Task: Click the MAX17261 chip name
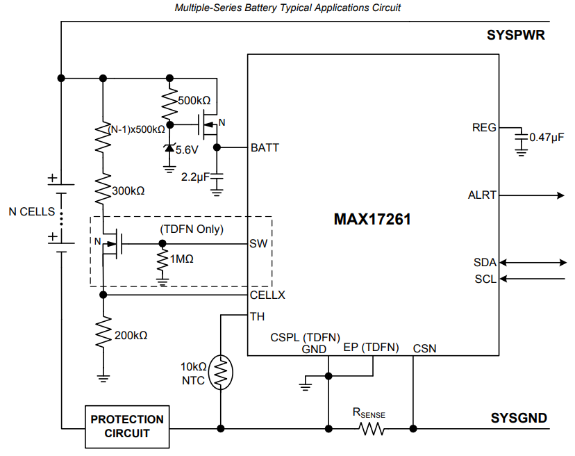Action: (372, 219)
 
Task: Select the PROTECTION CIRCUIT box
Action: (127, 426)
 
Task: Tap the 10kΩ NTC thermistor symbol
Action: (222, 373)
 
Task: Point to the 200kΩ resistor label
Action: (131, 335)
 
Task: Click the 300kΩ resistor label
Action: (128, 190)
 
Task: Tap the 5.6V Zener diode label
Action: (187, 149)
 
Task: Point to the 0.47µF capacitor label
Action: (547, 138)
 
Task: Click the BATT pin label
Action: (265, 147)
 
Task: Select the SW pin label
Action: (258, 243)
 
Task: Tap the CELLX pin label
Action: (267, 295)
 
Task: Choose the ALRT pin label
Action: (483, 195)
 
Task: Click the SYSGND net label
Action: (519, 418)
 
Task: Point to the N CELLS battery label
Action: (31, 211)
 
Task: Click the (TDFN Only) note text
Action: (192, 229)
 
